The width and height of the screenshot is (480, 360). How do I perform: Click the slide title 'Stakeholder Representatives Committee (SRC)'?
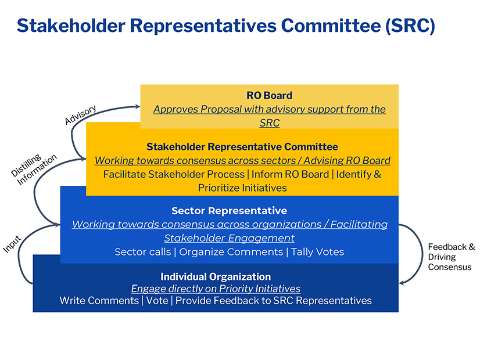[225, 26]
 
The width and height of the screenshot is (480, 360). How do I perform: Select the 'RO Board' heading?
[269, 96]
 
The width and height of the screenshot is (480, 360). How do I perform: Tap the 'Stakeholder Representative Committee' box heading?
[242, 147]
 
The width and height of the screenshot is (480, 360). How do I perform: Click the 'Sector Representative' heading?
[229, 210]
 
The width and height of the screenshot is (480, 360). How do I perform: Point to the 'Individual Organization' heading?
[216, 276]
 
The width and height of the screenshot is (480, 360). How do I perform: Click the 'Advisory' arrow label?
[80, 115]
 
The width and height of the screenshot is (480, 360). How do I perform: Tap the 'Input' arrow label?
[12, 243]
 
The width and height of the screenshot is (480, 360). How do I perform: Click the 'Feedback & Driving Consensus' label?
[451, 257]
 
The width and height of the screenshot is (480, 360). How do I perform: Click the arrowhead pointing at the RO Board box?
[137, 106]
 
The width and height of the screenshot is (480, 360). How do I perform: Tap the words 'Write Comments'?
[99, 300]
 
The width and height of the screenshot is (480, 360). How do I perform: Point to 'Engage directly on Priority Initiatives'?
[216, 289]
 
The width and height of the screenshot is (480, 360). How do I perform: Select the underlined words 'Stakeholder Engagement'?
[229, 238]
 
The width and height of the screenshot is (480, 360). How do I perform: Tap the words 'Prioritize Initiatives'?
[242, 188]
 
